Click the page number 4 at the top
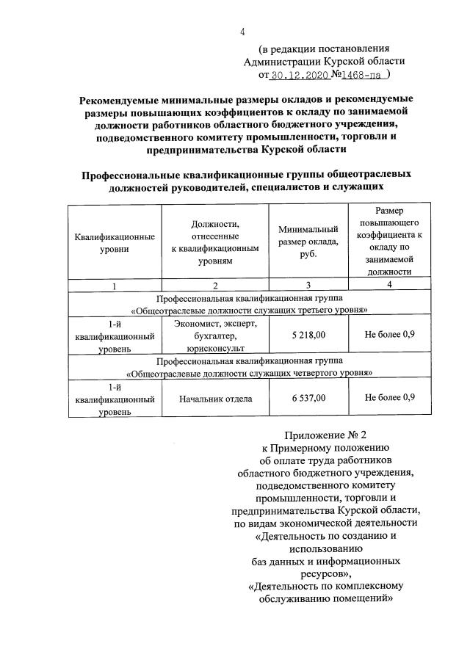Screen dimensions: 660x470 pyautogui.click(x=242, y=32)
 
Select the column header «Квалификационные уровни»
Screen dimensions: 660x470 pyautogui.click(x=115, y=243)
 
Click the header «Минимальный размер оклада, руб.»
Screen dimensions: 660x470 pyautogui.click(x=308, y=242)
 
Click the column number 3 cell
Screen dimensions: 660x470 pyautogui.click(x=308, y=286)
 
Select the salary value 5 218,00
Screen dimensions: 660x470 pyautogui.click(x=308, y=335)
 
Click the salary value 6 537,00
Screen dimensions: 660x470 pyautogui.click(x=308, y=399)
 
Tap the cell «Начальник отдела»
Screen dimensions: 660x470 pyautogui.click(x=215, y=399)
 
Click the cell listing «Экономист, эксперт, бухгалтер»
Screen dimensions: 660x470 pyautogui.click(x=215, y=336)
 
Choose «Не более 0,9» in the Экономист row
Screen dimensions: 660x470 pyautogui.click(x=391, y=335)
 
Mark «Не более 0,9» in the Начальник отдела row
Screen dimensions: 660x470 pyautogui.click(x=391, y=399)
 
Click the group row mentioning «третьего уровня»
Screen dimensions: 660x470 pyautogui.click(x=247, y=304)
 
